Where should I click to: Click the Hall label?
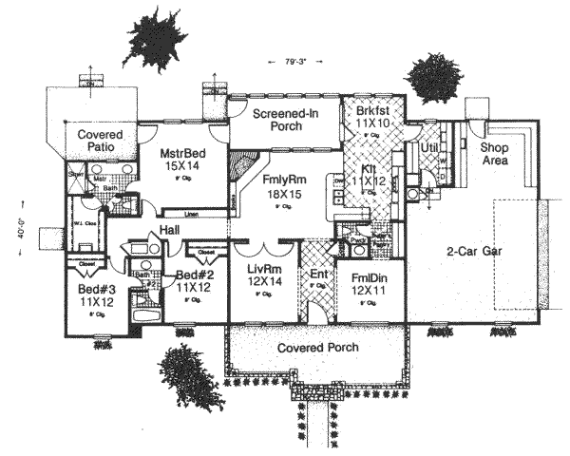tap(171, 230)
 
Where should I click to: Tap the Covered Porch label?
tap(317, 348)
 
